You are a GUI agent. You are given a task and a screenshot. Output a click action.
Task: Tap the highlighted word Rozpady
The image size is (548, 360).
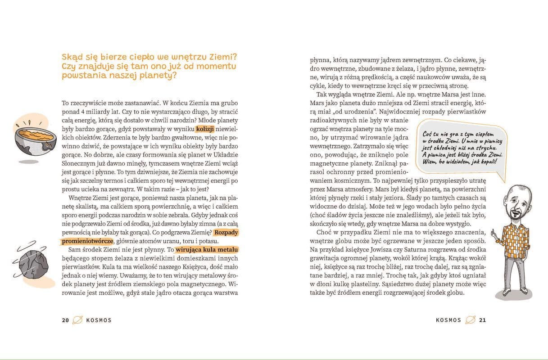[x=226, y=232]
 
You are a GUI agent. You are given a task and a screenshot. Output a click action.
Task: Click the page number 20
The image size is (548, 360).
[x=65, y=320]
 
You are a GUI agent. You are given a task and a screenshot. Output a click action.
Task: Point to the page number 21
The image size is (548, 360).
[x=483, y=320]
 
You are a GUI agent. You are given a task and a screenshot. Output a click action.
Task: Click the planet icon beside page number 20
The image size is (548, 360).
[x=78, y=320]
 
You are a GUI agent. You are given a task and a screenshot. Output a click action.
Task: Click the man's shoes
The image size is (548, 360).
[x=517, y=292]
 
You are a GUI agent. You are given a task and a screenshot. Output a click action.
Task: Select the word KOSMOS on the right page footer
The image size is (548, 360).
[x=448, y=320]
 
